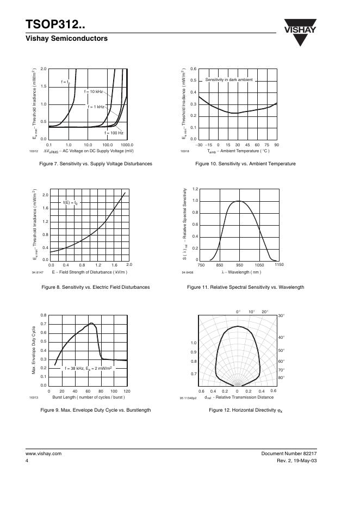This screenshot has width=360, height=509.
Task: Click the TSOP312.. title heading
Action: point(55,25)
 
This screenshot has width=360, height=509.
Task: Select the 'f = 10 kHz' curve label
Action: point(94,91)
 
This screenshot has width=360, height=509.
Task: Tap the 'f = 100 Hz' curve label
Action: point(114,133)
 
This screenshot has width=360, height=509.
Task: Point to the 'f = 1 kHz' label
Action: point(96,107)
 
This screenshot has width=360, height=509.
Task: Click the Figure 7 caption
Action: point(92,164)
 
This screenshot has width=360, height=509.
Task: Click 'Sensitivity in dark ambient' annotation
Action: point(229,80)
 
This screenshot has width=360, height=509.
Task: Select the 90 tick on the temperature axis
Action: point(276,145)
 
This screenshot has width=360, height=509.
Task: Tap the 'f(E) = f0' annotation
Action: point(71,203)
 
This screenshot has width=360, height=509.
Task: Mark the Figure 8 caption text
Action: point(91,287)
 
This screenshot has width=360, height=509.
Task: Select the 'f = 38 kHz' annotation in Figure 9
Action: point(88,368)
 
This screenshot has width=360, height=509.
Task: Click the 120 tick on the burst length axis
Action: point(127,392)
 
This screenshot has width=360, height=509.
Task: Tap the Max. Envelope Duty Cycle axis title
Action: point(34,349)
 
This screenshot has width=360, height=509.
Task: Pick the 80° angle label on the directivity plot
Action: point(281,377)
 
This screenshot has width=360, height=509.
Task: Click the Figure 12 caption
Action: point(246,410)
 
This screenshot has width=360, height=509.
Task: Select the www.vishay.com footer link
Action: point(44,453)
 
